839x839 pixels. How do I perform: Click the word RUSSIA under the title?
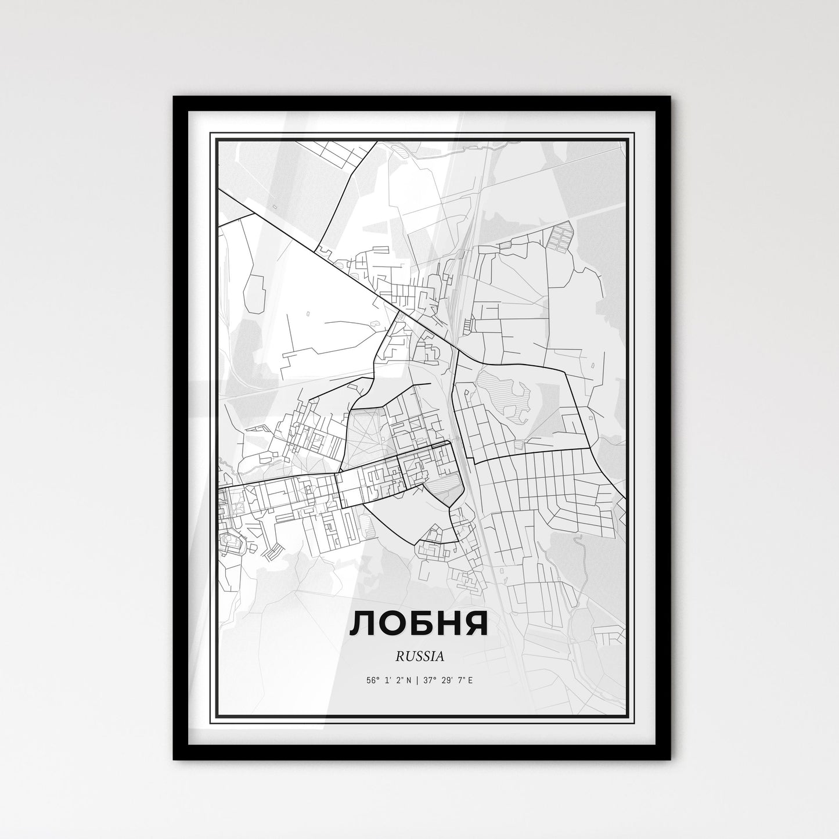coord(420,657)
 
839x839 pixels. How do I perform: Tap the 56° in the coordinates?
coord(373,680)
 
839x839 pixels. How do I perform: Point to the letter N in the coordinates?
coord(409,680)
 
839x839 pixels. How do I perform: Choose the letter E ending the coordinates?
coord(470,680)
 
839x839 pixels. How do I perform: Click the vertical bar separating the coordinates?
coord(416,680)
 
